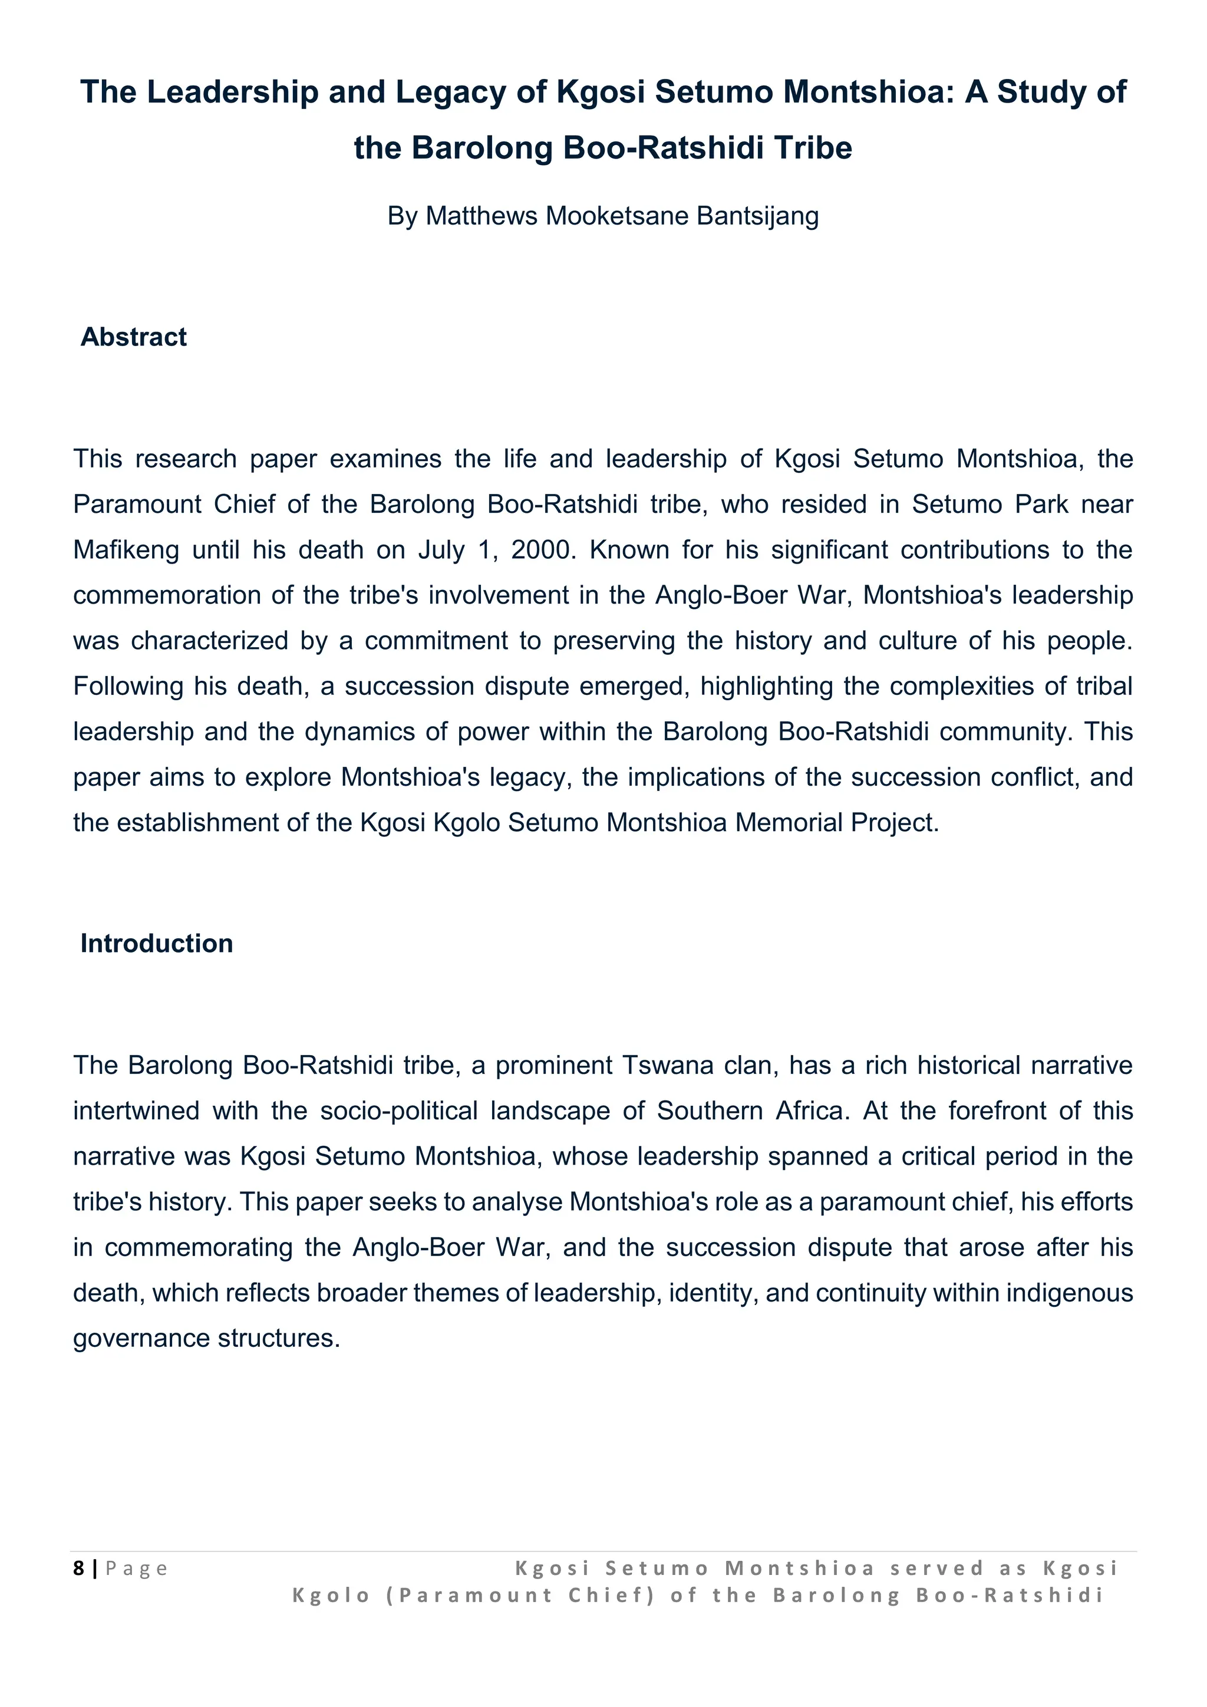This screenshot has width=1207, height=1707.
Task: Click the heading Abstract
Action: coord(133,337)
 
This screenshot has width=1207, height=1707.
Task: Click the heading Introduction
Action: coord(156,944)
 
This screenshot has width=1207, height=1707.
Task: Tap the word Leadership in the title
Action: coord(233,92)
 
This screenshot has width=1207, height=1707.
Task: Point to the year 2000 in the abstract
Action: coord(542,550)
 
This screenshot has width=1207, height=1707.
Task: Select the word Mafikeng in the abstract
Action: coord(126,550)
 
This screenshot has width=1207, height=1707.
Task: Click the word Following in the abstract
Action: coord(128,686)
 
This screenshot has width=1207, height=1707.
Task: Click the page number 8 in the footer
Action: coord(78,1568)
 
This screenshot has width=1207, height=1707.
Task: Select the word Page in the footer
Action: coord(137,1568)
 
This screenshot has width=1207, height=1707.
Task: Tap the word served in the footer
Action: coord(936,1568)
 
